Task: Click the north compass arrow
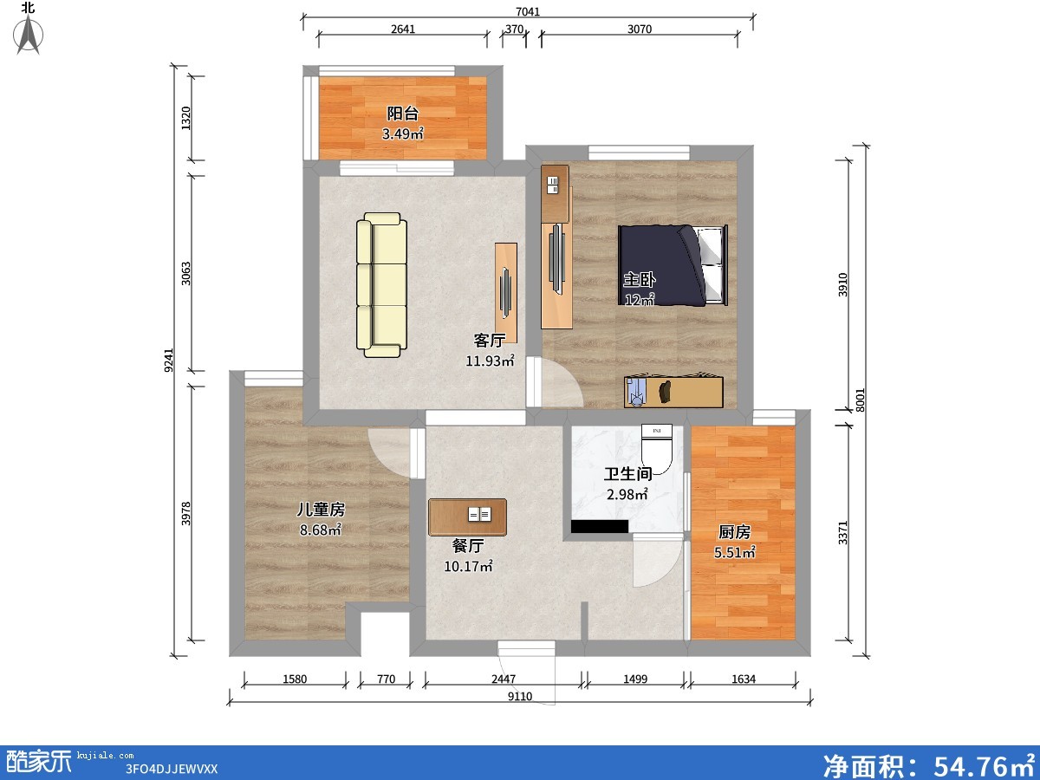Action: point(29,35)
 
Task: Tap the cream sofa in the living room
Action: point(381,284)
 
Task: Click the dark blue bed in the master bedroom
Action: point(673,265)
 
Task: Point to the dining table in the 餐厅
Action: point(467,517)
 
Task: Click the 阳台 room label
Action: point(403,114)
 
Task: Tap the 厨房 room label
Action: point(734,532)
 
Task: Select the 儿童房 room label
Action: point(321,509)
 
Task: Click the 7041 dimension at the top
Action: point(528,11)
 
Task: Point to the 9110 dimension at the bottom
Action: point(520,696)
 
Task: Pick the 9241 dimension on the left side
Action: point(169,360)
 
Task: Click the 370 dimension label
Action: point(514,29)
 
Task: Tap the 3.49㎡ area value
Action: point(403,134)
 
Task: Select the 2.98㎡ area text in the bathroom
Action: point(627,494)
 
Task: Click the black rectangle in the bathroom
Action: point(600,526)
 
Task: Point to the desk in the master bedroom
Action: point(673,391)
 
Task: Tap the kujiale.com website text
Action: point(105,756)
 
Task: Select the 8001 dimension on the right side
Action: point(860,400)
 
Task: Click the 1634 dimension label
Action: point(744,679)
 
